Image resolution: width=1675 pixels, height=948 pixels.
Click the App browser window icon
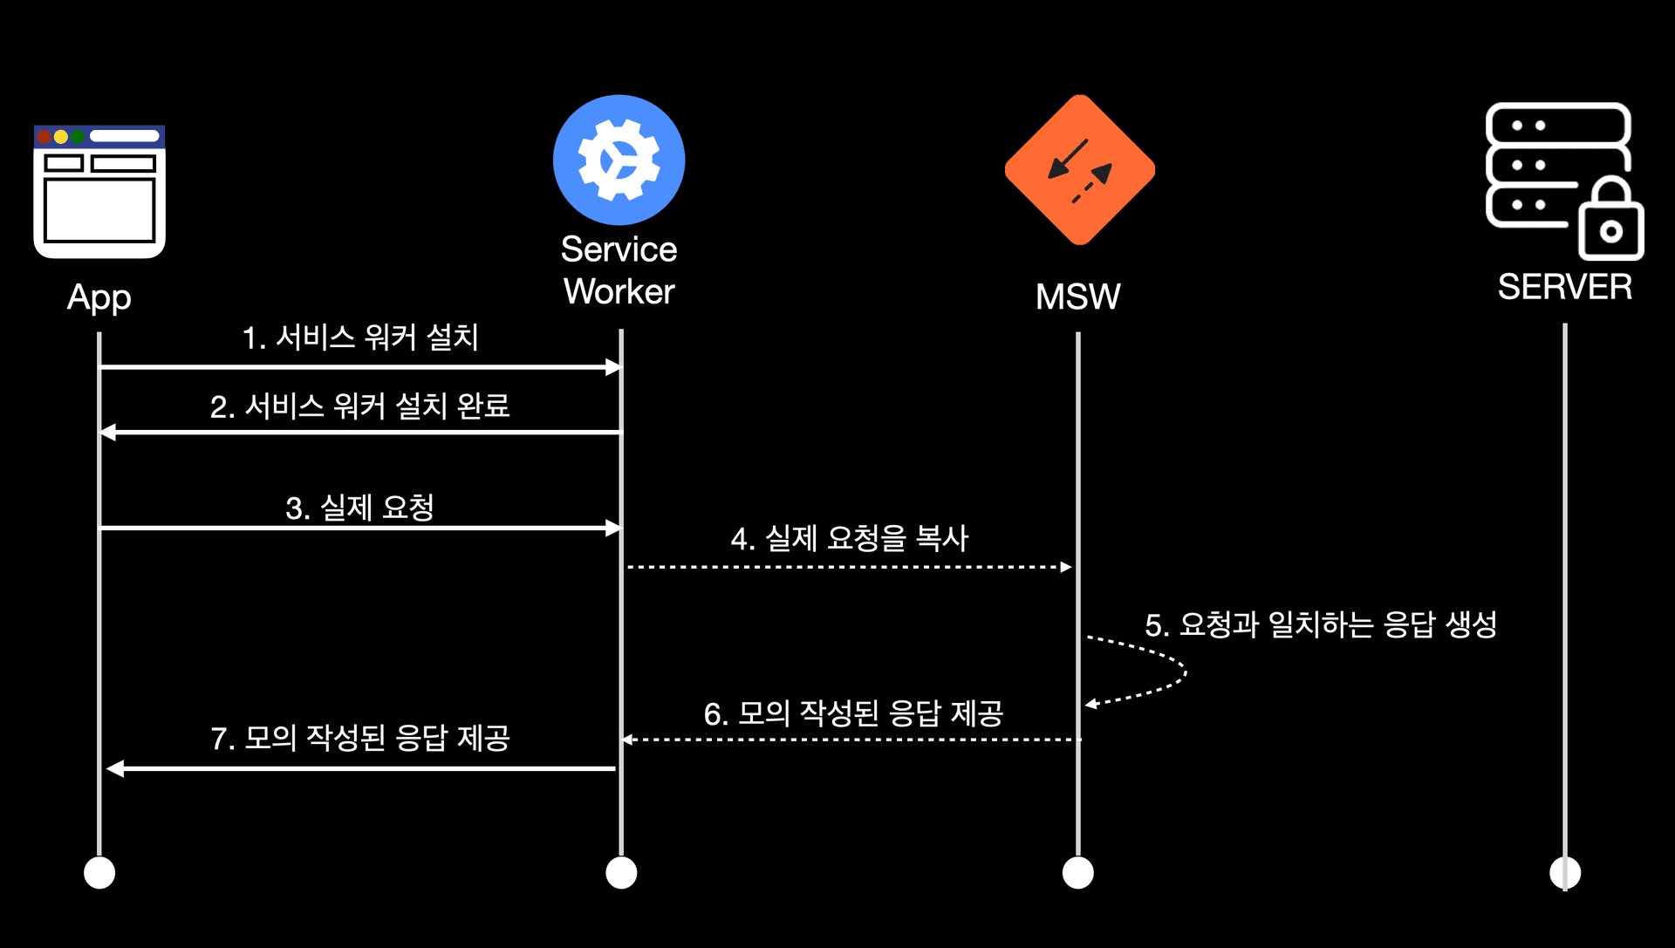(x=99, y=192)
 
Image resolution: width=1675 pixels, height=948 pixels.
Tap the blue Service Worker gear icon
(x=619, y=160)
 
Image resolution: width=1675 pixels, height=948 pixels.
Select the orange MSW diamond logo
(x=1080, y=170)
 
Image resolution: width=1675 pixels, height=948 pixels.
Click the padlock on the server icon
(x=1610, y=222)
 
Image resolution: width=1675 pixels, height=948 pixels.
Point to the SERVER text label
(x=1564, y=287)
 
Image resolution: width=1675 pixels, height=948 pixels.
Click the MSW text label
(x=1077, y=297)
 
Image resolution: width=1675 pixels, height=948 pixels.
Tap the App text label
(x=99, y=298)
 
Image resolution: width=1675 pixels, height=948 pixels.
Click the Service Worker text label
(x=619, y=270)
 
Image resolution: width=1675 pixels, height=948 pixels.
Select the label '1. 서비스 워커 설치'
(x=359, y=338)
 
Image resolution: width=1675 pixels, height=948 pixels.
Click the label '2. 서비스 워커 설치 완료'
(x=359, y=406)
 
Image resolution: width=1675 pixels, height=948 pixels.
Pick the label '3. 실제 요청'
(x=359, y=508)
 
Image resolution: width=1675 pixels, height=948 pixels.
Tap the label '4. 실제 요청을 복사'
(x=849, y=538)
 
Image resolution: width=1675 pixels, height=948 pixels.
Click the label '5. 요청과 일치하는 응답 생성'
(x=1320, y=624)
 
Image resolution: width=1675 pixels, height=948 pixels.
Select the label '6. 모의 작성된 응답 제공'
(x=853, y=713)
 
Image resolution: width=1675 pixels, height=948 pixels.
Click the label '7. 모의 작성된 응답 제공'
(x=359, y=738)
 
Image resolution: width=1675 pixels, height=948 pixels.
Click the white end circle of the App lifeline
(x=99, y=872)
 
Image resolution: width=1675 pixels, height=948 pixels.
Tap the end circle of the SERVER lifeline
(x=1564, y=872)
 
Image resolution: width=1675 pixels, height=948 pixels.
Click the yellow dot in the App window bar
(x=60, y=137)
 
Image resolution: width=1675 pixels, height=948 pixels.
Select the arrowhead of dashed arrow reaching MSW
(x=1066, y=567)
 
